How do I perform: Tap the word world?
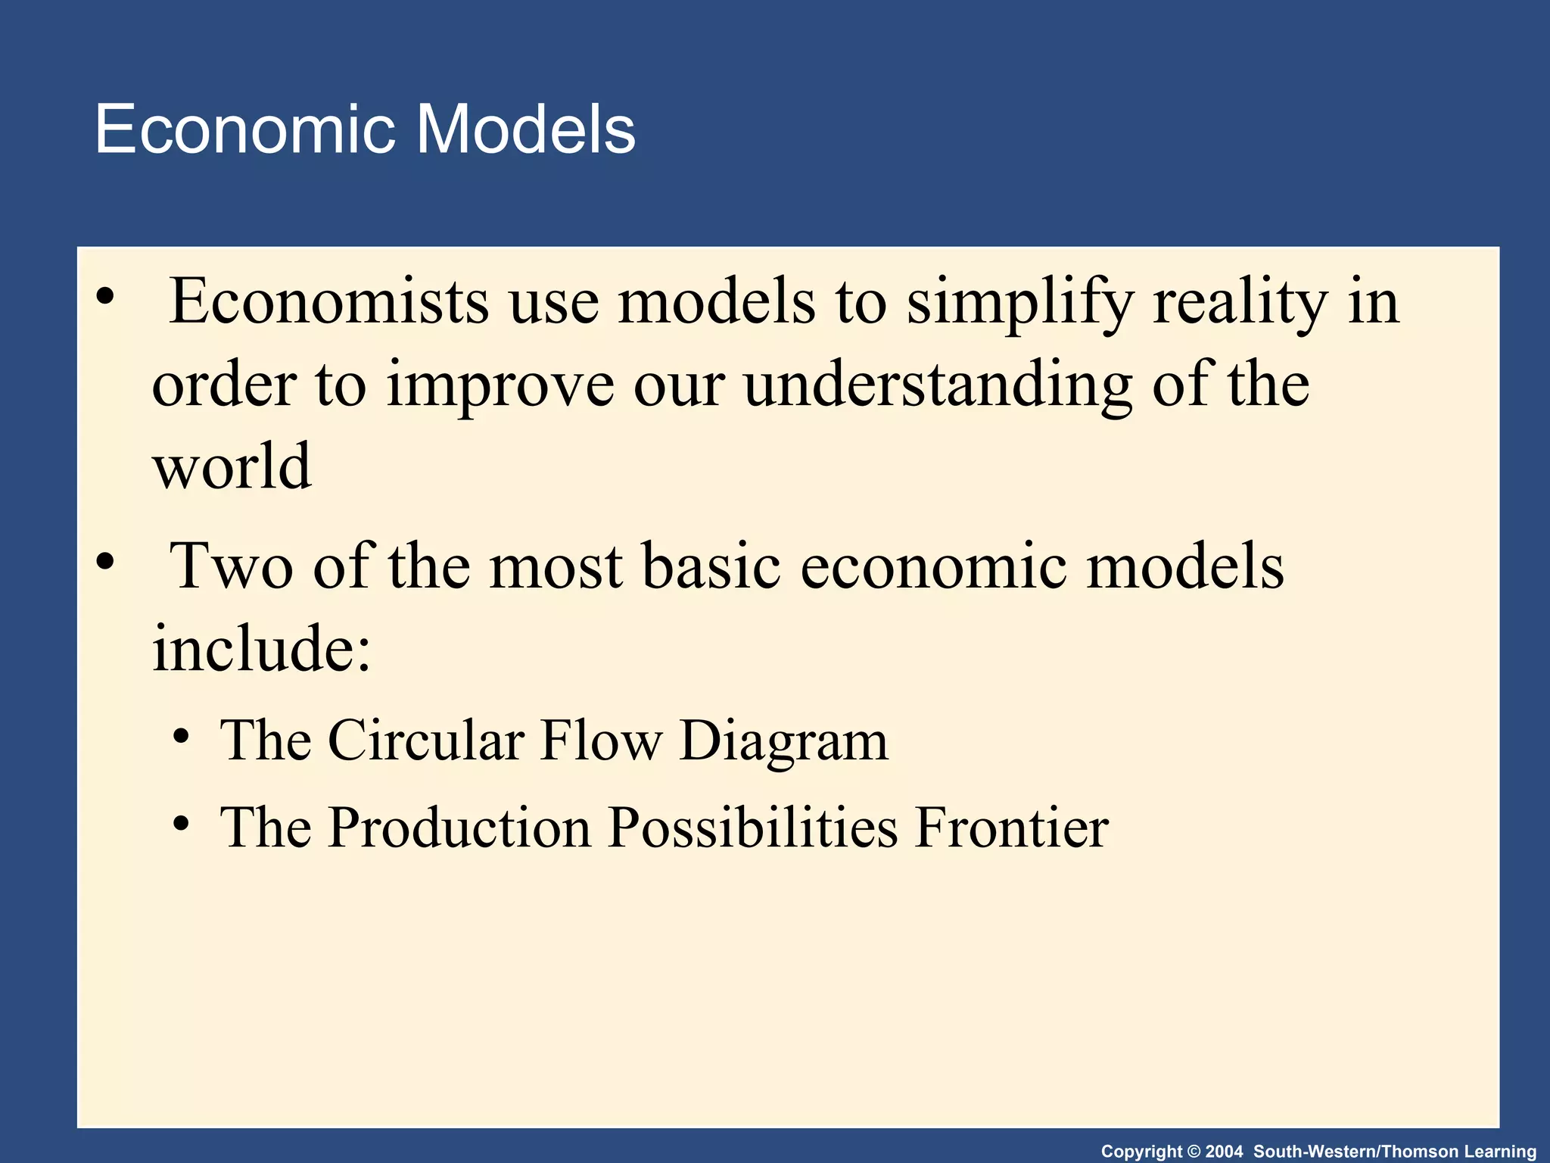point(232,466)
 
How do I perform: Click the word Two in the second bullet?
point(232,566)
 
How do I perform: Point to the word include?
point(262,649)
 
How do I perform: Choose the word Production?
point(459,827)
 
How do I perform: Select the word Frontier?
point(1012,827)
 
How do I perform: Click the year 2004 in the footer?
point(1224,1152)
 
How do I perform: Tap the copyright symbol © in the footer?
point(1194,1152)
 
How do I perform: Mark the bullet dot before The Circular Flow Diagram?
point(181,737)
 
